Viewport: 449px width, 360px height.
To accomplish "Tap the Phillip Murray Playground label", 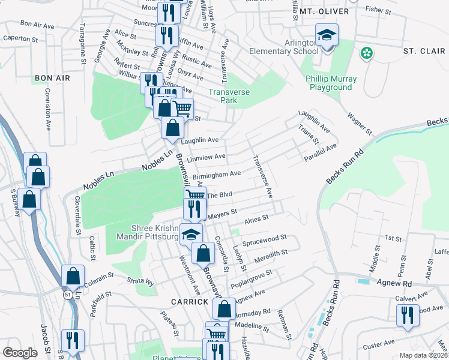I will [x=331, y=83].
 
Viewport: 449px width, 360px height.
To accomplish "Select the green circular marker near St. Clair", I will [x=366, y=54].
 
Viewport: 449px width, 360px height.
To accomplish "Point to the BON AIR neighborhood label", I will [x=52, y=79].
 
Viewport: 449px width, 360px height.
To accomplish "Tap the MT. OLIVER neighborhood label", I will [x=324, y=11].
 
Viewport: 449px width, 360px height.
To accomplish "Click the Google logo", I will [x=20, y=353].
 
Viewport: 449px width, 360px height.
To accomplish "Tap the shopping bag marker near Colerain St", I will [x=73, y=277].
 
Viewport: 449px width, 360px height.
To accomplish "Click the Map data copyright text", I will [x=423, y=355].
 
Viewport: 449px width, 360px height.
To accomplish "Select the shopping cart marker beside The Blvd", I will [x=195, y=196].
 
